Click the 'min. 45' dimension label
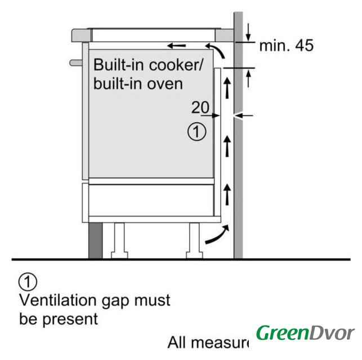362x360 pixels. coord(285,46)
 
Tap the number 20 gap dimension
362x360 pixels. coord(200,107)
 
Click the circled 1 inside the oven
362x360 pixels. coord(196,133)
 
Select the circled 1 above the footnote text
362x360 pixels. coord(28,280)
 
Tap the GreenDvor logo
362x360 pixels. coord(305,333)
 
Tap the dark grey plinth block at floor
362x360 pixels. coord(95,240)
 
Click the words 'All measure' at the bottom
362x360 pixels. coord(208,342)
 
